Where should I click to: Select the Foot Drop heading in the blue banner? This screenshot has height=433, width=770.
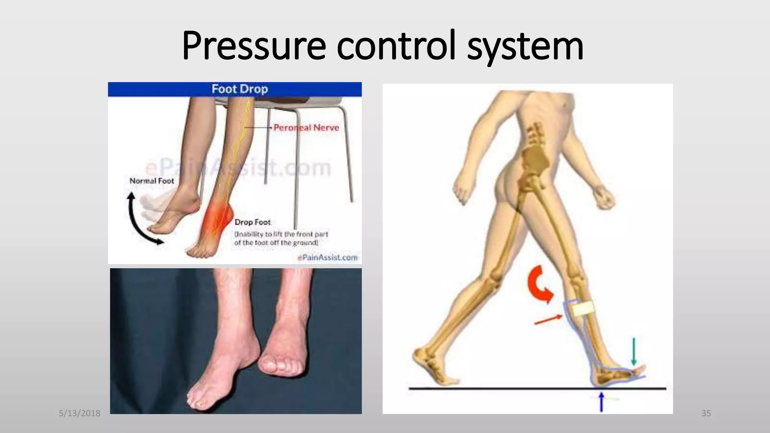(x=239, y=89)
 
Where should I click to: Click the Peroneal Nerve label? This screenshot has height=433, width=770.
(x=306, y=128)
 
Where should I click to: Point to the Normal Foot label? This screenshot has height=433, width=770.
(x=152, y=181)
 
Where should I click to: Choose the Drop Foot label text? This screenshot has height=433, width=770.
(x=252, y=222)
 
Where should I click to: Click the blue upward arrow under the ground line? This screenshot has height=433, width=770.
(x=602, y=401)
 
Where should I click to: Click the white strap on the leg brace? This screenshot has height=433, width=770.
(x=582, y=309)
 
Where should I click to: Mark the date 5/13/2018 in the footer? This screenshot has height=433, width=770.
(x=80, y=413)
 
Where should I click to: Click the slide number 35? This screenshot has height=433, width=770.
(x=706, y=413)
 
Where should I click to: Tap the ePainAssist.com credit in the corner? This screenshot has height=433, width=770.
(x=327, y=257)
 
